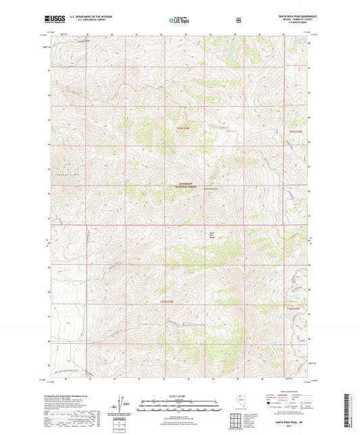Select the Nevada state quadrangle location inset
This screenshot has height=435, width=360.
point(241,403)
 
